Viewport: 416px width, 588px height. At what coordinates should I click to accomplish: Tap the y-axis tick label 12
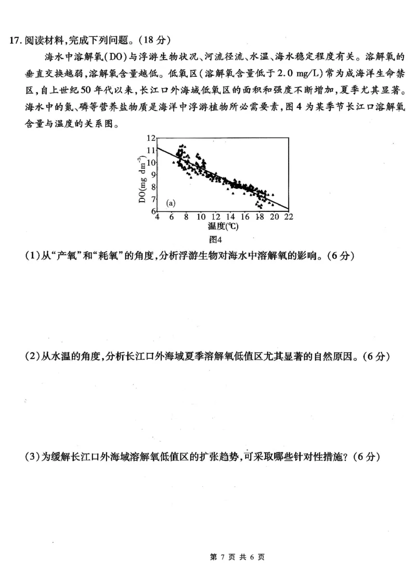pyautogui.click(x=151, y=138)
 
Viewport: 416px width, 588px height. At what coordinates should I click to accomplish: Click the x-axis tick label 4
pyautogui.click(x=158, y=217)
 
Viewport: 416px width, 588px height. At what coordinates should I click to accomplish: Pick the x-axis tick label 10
pyautogui.click(x=201, y=217)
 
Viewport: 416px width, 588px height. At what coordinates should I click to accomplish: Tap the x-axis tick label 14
pyautogui.click(x=231, y=217)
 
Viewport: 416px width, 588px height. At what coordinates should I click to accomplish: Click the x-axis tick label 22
pyautogui.click(x=289, y=217)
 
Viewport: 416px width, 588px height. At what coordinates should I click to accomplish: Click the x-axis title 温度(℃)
pyautogui.click(x=223, y=226)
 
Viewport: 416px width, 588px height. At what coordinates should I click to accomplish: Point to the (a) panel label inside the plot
pyautogui.click(x=171, y=203)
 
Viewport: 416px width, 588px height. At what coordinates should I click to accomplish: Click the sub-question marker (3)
pyautogui.click(x=32, y=457)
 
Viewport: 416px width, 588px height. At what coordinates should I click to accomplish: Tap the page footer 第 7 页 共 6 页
pyautogui.click(x=237, y=557)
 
